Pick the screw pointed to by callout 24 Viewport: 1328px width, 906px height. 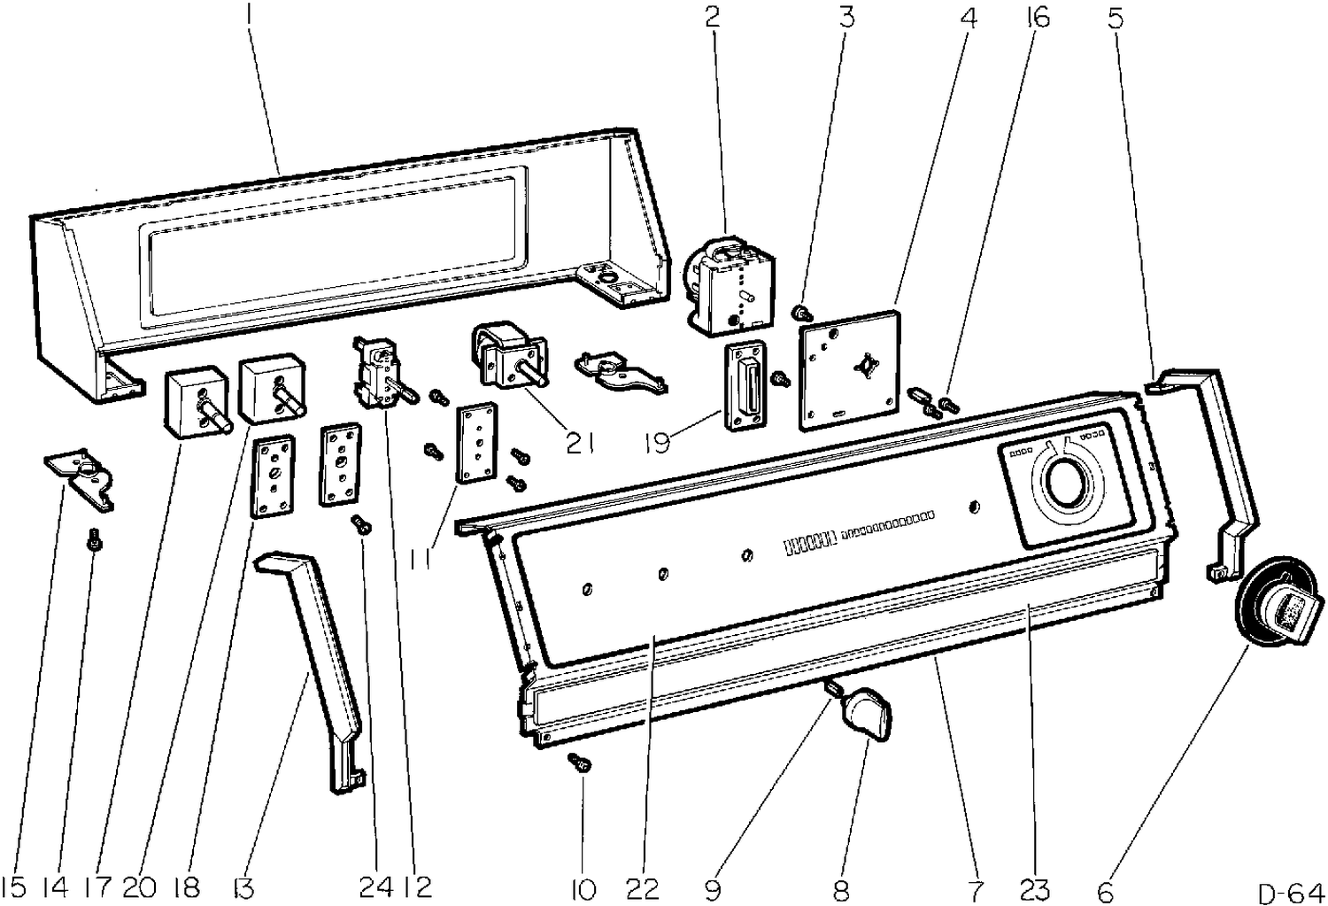tap(361, 525)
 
